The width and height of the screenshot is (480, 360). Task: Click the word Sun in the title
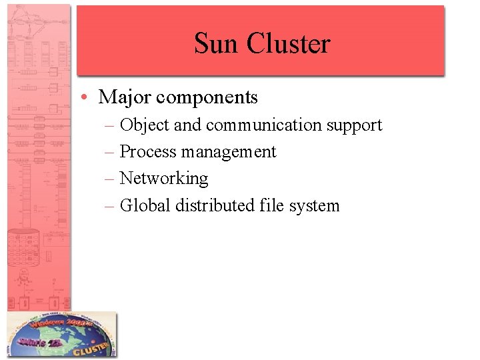click(217, 44)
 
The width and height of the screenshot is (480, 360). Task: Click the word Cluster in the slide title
click(289, 44)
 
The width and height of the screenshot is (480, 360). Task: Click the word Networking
click(164, 179)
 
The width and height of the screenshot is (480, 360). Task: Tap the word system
click(314, 206)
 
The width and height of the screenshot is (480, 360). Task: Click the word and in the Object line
click(187, 125)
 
